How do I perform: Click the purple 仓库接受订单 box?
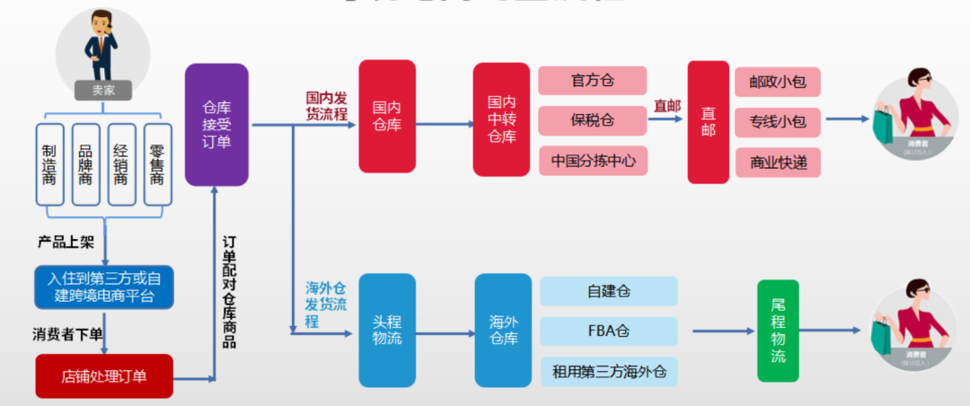pyautogui.click(x=216, y=124)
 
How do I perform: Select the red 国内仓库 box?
pyautogui.click(x=387, y=116)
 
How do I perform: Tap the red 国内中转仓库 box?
pyautogui.click(x=501, y=119)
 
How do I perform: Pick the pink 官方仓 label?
pyautogui.click(x=593, y=81)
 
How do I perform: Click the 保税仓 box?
pyautogui.click(x=593, y=120)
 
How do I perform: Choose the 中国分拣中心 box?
pyautogui.click(x=593, y=161)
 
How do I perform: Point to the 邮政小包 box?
pyautogui.click(x=778, y=83)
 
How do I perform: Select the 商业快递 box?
pyautogui.click(x=778, y=163)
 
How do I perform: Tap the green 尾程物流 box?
pyautogui.click(x=778, y=331)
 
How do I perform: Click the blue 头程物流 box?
pyautogui.click(x=387, y=331)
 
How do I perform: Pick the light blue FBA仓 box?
pyautogui.click(x=609, y=331)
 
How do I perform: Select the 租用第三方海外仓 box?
pyautogui.click(x=609, y=370)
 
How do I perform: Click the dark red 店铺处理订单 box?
pyautogui.click(x=104, y=376)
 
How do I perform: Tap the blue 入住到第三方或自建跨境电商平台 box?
pyautogui.click(x=104, y=286)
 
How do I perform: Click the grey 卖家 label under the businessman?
pyautogui.click(x=103, y=90)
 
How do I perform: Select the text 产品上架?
pyautogui.click(x=65, y=243)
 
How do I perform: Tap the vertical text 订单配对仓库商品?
pyautogui.click(x=230, y=292)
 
